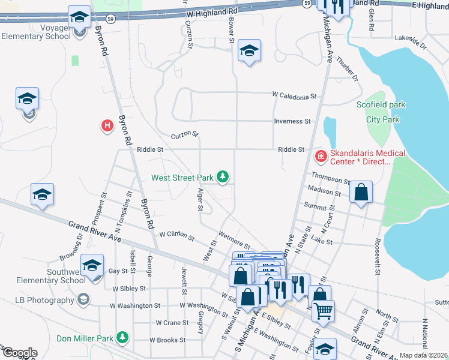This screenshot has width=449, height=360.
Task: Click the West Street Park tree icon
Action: coord(223,176)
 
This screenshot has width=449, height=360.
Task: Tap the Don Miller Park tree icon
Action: coord(122,338)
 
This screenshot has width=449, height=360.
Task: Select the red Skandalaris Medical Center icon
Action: coord(321,157)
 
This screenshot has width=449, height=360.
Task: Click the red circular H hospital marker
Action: coord(107,125)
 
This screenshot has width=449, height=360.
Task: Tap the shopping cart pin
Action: coord(323,311)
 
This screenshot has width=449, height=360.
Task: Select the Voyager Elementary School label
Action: coord(36,32)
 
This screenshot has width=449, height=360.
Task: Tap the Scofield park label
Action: coord(381,104)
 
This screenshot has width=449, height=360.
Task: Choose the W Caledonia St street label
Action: coord(294,95)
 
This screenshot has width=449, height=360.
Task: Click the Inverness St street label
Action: coord(292,121)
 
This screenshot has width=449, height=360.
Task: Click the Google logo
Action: coord(20,353)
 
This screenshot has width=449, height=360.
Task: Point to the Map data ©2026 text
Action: coord(423,355)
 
